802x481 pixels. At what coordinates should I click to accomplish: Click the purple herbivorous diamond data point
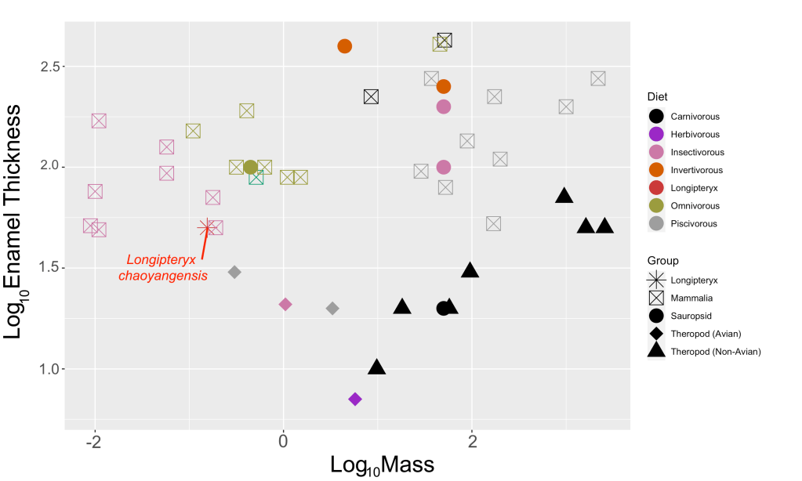coord(355,400)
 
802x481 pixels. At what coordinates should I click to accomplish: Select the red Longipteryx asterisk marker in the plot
coord(207,228)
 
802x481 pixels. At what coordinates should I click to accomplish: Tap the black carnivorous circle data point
coord(444,308)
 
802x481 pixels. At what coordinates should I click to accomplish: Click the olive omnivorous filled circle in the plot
coord(251,167)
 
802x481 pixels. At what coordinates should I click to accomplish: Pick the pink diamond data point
coord(285,304)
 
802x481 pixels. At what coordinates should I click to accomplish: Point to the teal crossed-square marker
coord(256,178)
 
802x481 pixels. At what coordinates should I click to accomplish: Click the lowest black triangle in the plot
coord(377,367)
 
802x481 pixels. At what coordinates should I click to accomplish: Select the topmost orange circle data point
coord(345,46)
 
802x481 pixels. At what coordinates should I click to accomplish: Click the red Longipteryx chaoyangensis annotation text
coord(163,268)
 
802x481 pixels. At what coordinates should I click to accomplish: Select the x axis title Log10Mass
coord(385,465)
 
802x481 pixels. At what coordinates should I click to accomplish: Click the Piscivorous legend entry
coord(694,224)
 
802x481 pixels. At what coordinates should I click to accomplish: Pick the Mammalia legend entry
coord(691,298)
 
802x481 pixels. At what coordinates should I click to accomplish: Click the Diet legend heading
coord(657,97)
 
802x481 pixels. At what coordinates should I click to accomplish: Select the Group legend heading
coord(662,260)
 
